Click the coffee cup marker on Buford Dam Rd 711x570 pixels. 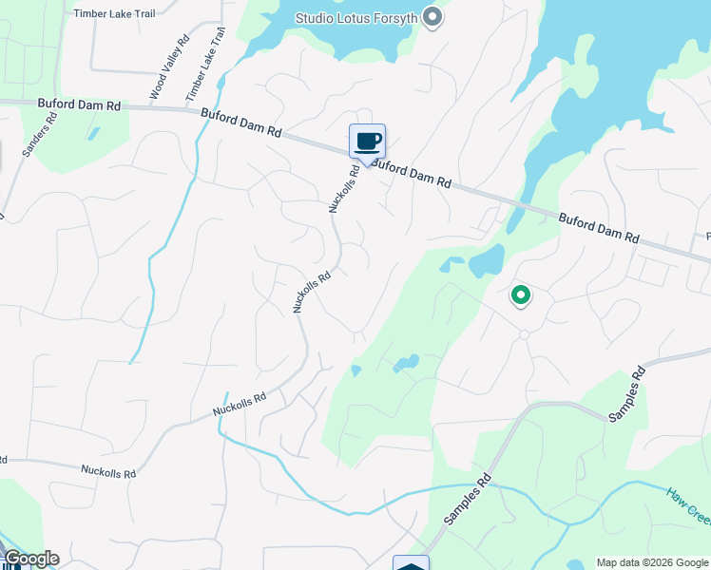[367, 143]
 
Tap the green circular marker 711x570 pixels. [520, 295]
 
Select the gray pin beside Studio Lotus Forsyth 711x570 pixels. [432, 18]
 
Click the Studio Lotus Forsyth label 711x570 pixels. [356, 18]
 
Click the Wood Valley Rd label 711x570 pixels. [169, 67]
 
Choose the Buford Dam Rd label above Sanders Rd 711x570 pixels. [79, 104]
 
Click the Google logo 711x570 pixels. [30, 559]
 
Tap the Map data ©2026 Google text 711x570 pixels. [651, 562]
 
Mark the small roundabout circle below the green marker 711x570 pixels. [524, 334]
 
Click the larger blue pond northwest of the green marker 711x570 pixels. [486, 260]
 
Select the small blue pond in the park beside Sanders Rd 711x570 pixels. [92, 134]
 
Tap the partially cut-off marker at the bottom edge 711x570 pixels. [411, 562]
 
